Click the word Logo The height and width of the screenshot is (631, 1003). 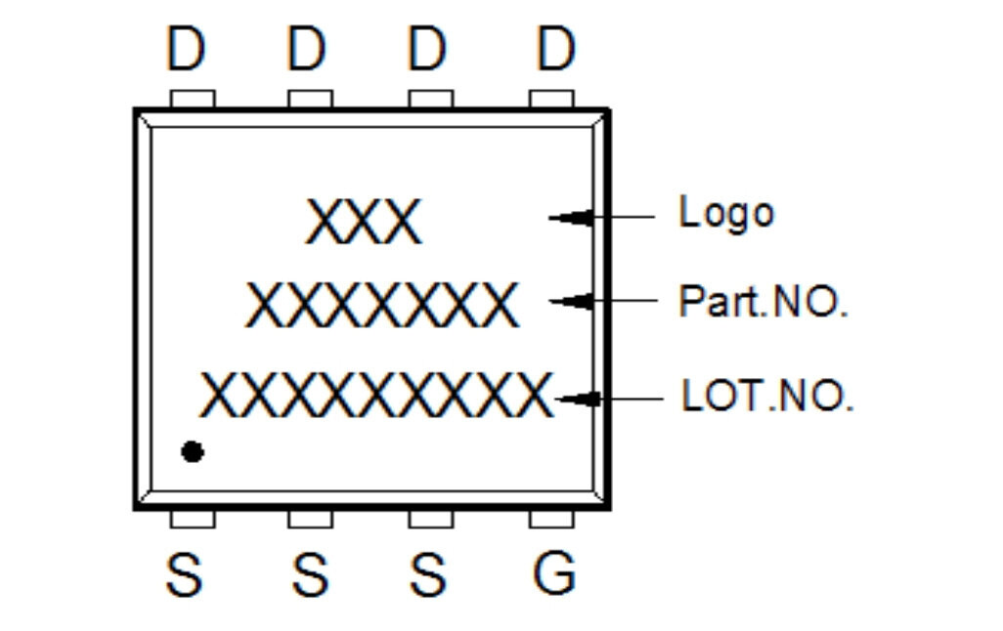tap(725, 213)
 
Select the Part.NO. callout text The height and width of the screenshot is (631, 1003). tap(763, 302)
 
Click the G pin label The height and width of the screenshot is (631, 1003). tap(553, 573)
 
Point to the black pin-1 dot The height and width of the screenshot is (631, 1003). tap(193, 451)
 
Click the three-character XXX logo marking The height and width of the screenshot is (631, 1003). tap(364, 222)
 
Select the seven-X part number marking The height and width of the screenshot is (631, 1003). tap(381, 306)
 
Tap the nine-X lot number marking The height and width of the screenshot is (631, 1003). tap(376, 395)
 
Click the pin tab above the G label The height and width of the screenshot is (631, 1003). tap(551, 518)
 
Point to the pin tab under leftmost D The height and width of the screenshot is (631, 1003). tap(192, 99)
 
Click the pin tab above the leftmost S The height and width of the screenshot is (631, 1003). tap(192, 518)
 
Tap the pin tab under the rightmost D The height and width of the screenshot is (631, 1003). tap(551, 99)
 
